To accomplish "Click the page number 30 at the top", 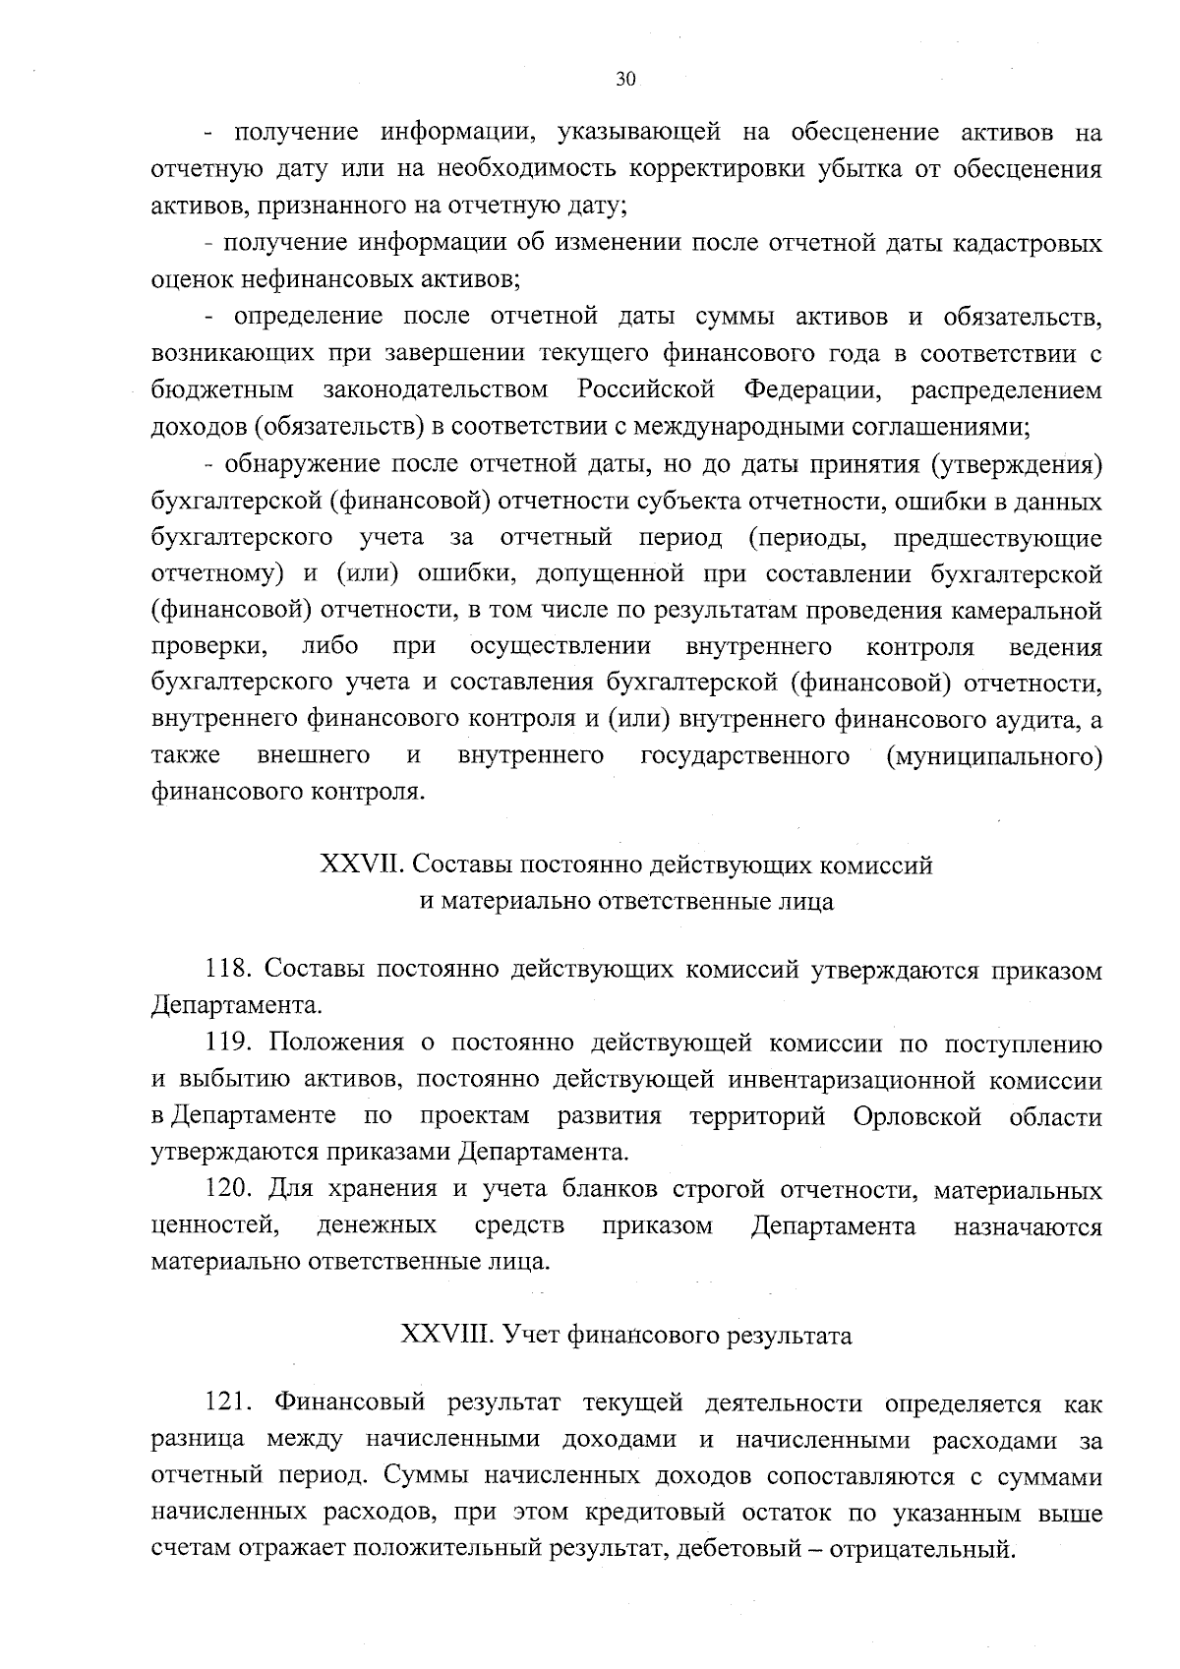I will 626,80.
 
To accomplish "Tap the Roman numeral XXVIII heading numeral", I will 446,1335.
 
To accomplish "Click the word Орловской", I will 917,1116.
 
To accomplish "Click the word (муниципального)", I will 994,755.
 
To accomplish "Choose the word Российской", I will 645,389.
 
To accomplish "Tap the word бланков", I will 610,1190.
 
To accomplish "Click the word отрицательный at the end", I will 920,1550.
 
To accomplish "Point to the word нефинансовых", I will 309,279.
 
